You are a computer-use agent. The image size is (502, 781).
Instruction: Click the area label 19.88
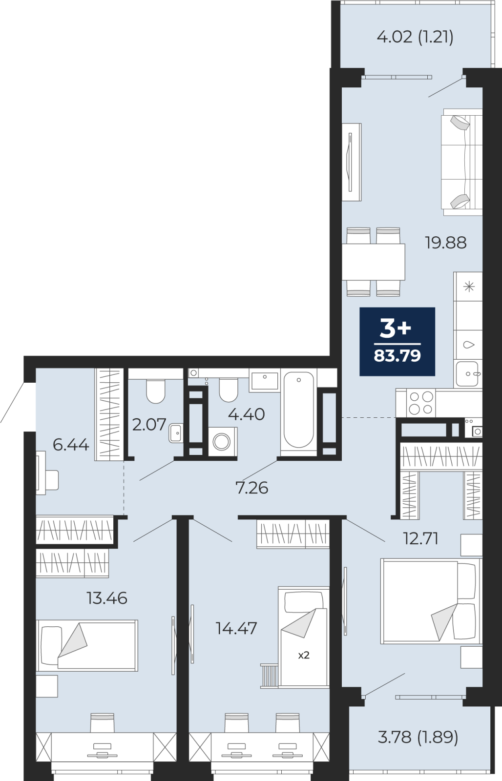point(445,242)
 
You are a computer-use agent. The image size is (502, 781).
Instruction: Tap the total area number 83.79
point(397,356)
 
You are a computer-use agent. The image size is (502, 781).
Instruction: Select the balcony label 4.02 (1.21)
point(415,37)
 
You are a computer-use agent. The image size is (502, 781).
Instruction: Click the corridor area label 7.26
point(252,488)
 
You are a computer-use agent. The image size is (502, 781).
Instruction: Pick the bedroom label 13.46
point(107,598)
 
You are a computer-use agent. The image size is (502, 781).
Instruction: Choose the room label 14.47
point(236,628)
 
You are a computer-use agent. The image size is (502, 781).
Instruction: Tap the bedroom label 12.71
point(420,539)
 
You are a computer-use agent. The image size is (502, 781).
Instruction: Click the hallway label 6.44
point(71,445)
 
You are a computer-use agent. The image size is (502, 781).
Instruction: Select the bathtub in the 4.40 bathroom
point(299,410)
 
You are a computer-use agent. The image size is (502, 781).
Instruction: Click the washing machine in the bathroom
point(222,441)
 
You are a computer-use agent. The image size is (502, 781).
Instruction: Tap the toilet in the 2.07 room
point(156,391)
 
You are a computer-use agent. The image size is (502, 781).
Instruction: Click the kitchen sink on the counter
point(467,373)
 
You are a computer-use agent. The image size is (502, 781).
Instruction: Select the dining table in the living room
point(373,262)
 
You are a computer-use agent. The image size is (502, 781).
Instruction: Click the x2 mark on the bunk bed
point(304,655)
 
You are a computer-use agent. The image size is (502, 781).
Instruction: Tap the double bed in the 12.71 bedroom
point(431,601)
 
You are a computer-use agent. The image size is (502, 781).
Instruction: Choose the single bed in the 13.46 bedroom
point(87,645)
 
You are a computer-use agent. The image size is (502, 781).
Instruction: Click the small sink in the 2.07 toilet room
point(175,433)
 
